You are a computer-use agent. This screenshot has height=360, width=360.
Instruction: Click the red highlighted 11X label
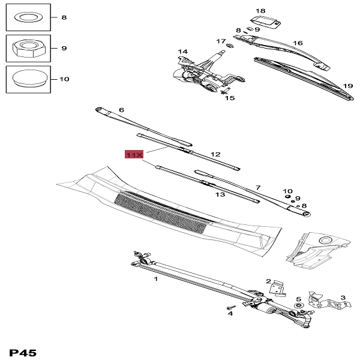tap(134, 155)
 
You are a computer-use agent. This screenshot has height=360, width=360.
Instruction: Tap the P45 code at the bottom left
tap(23, 352)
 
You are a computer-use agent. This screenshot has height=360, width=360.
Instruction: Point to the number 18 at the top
tap(260, 11)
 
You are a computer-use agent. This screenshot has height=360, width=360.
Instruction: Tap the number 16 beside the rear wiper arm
tap(298, 43)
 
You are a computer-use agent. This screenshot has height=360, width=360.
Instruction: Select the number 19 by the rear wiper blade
tap(347, 85)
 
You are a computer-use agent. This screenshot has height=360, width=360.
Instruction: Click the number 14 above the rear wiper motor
tap(182, 52)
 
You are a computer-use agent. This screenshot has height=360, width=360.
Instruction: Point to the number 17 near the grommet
tap(220, 41)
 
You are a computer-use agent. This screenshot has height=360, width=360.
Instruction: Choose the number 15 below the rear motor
tap(230, 98)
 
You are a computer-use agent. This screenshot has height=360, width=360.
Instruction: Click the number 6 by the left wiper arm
tap(121, 110)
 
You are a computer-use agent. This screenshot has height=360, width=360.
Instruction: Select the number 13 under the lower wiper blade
tap(220, 195)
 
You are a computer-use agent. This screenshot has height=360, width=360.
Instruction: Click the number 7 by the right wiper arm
tap(258, 188)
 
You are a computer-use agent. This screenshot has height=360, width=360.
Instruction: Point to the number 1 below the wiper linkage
tap(156, 279)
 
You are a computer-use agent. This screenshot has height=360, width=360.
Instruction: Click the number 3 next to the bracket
tap(343, 297)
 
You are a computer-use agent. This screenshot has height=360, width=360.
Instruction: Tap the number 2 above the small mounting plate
tap(269, 281)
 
